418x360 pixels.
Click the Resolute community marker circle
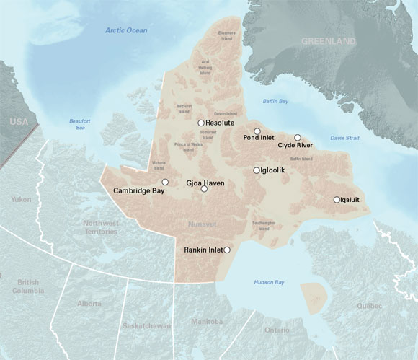click(201, 123)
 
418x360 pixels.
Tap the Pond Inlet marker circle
click(257, 131)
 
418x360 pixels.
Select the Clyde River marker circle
click(297, 137)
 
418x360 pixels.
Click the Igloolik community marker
click(256, 170)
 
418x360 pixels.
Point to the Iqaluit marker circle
click(337, 200)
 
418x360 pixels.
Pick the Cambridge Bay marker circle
click(165, 182)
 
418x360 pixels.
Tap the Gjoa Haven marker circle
click(204, 189)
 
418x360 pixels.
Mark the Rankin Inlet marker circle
click(227, 250)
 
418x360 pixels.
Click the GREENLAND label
click(328, 42)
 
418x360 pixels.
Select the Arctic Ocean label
click(126, 30)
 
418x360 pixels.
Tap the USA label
click(17, 124)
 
